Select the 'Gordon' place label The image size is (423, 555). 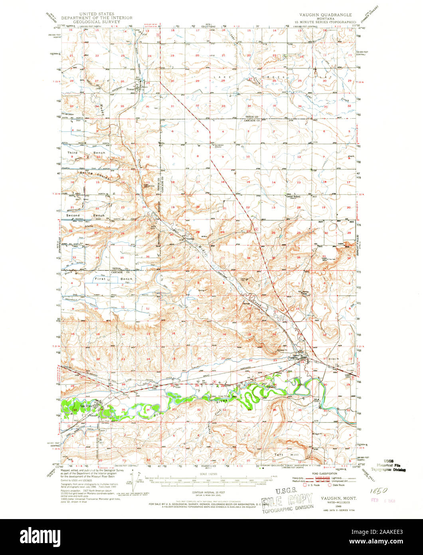pos(191,234)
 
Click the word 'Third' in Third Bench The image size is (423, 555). pos(73,153)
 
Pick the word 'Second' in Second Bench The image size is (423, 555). pos(73,215)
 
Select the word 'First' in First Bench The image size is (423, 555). pos(100,279)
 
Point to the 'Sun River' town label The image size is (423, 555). pos(86,406)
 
